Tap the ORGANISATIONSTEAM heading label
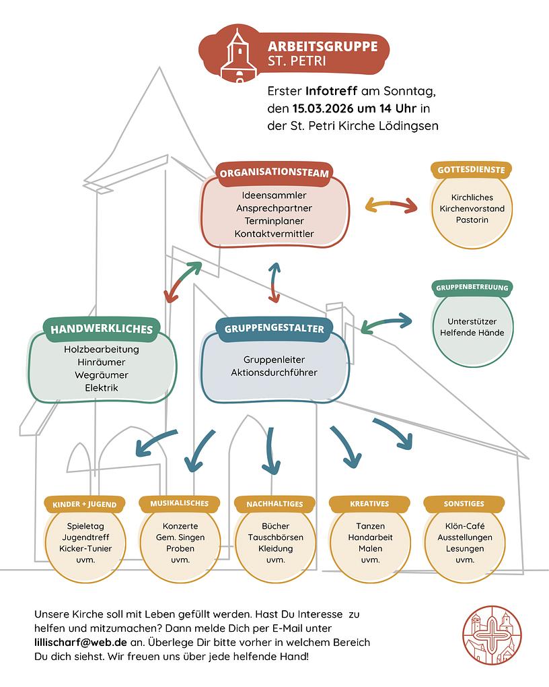click(x=274, y=173)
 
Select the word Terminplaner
click(x=274, y=221)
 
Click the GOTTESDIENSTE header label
click(x=471, y=170)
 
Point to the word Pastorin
click(x=472, y=220)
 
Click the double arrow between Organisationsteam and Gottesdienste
click(x=391, y=205)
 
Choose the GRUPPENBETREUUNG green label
click(x=472, y=288)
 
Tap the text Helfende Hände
click(x=472, y=332)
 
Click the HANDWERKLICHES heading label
click(x=102, y=329)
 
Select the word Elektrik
click(x=102, y=388)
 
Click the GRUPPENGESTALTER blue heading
click(x=274, y=329)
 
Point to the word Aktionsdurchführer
click(x=274, y=372)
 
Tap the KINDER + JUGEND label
click(x=85, y=504)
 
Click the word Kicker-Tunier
click(x=85, y=549)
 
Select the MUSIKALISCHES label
click(x=180, y=503)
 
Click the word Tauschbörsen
click(x=275, y=537)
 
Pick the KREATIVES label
click(x=369, y=504)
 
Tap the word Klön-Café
click(x=465, y=525)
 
